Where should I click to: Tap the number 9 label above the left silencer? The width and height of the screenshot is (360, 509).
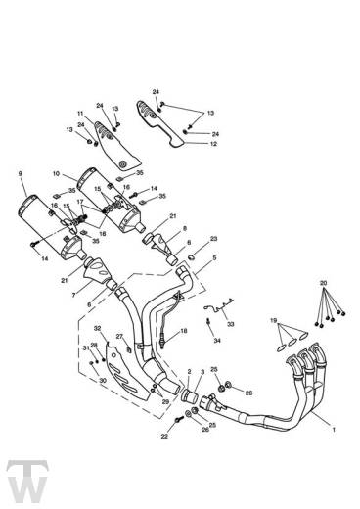20,174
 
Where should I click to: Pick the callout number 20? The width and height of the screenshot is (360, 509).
324,282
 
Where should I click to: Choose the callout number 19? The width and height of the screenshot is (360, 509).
275,320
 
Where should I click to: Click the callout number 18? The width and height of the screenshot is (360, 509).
183,333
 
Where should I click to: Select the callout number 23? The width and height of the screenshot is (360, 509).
214,238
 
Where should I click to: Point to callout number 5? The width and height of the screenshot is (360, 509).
214,258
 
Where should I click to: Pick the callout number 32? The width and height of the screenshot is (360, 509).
97,329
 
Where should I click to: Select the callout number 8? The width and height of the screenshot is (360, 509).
182,227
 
